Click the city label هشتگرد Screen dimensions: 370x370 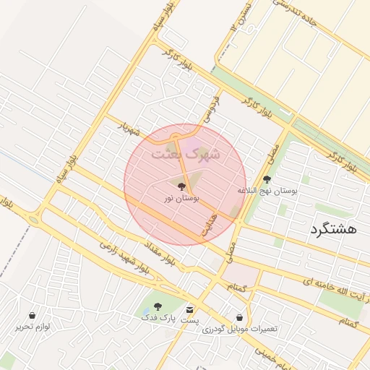coord(333,229)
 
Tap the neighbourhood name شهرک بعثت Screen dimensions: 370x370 coord(186,154)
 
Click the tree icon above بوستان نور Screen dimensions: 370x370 coord(181,186)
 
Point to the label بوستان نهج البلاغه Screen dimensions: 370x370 coord(267,190)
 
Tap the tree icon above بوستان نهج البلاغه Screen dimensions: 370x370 coord(267,179)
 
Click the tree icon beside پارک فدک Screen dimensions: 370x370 coord(158,307)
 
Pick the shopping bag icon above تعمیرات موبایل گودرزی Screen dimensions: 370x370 coord(240,317)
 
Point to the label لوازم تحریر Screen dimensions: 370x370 coord(33,326)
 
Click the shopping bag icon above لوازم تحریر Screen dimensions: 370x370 coord(33,315)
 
